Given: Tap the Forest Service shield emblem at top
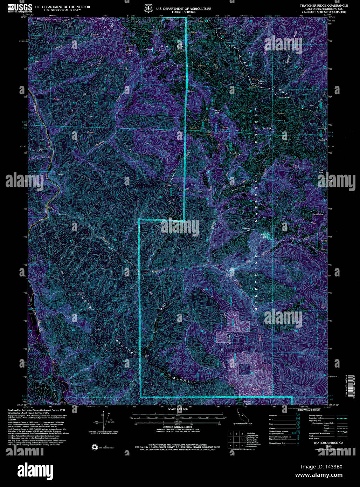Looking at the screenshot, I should (148, 8).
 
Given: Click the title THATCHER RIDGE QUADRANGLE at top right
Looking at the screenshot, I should (324, 6).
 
